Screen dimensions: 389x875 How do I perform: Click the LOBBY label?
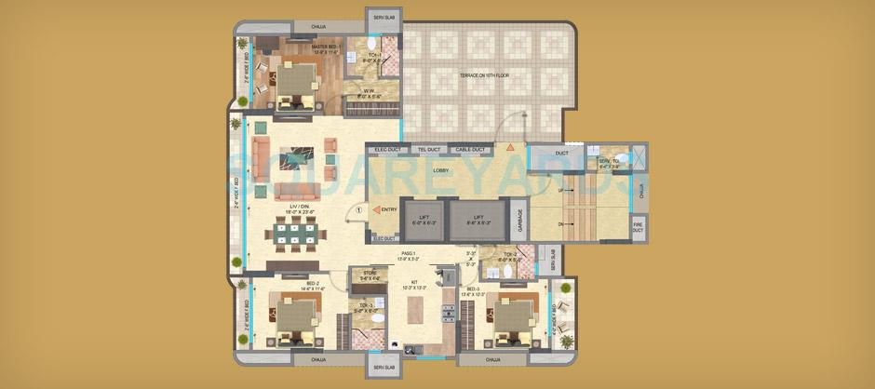[x=440, y=170]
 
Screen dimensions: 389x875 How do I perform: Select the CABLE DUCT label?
[x=469, y=149]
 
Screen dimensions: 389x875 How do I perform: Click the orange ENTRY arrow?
[x=376, y=211]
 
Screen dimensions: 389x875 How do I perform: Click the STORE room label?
[x=361, y=275]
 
